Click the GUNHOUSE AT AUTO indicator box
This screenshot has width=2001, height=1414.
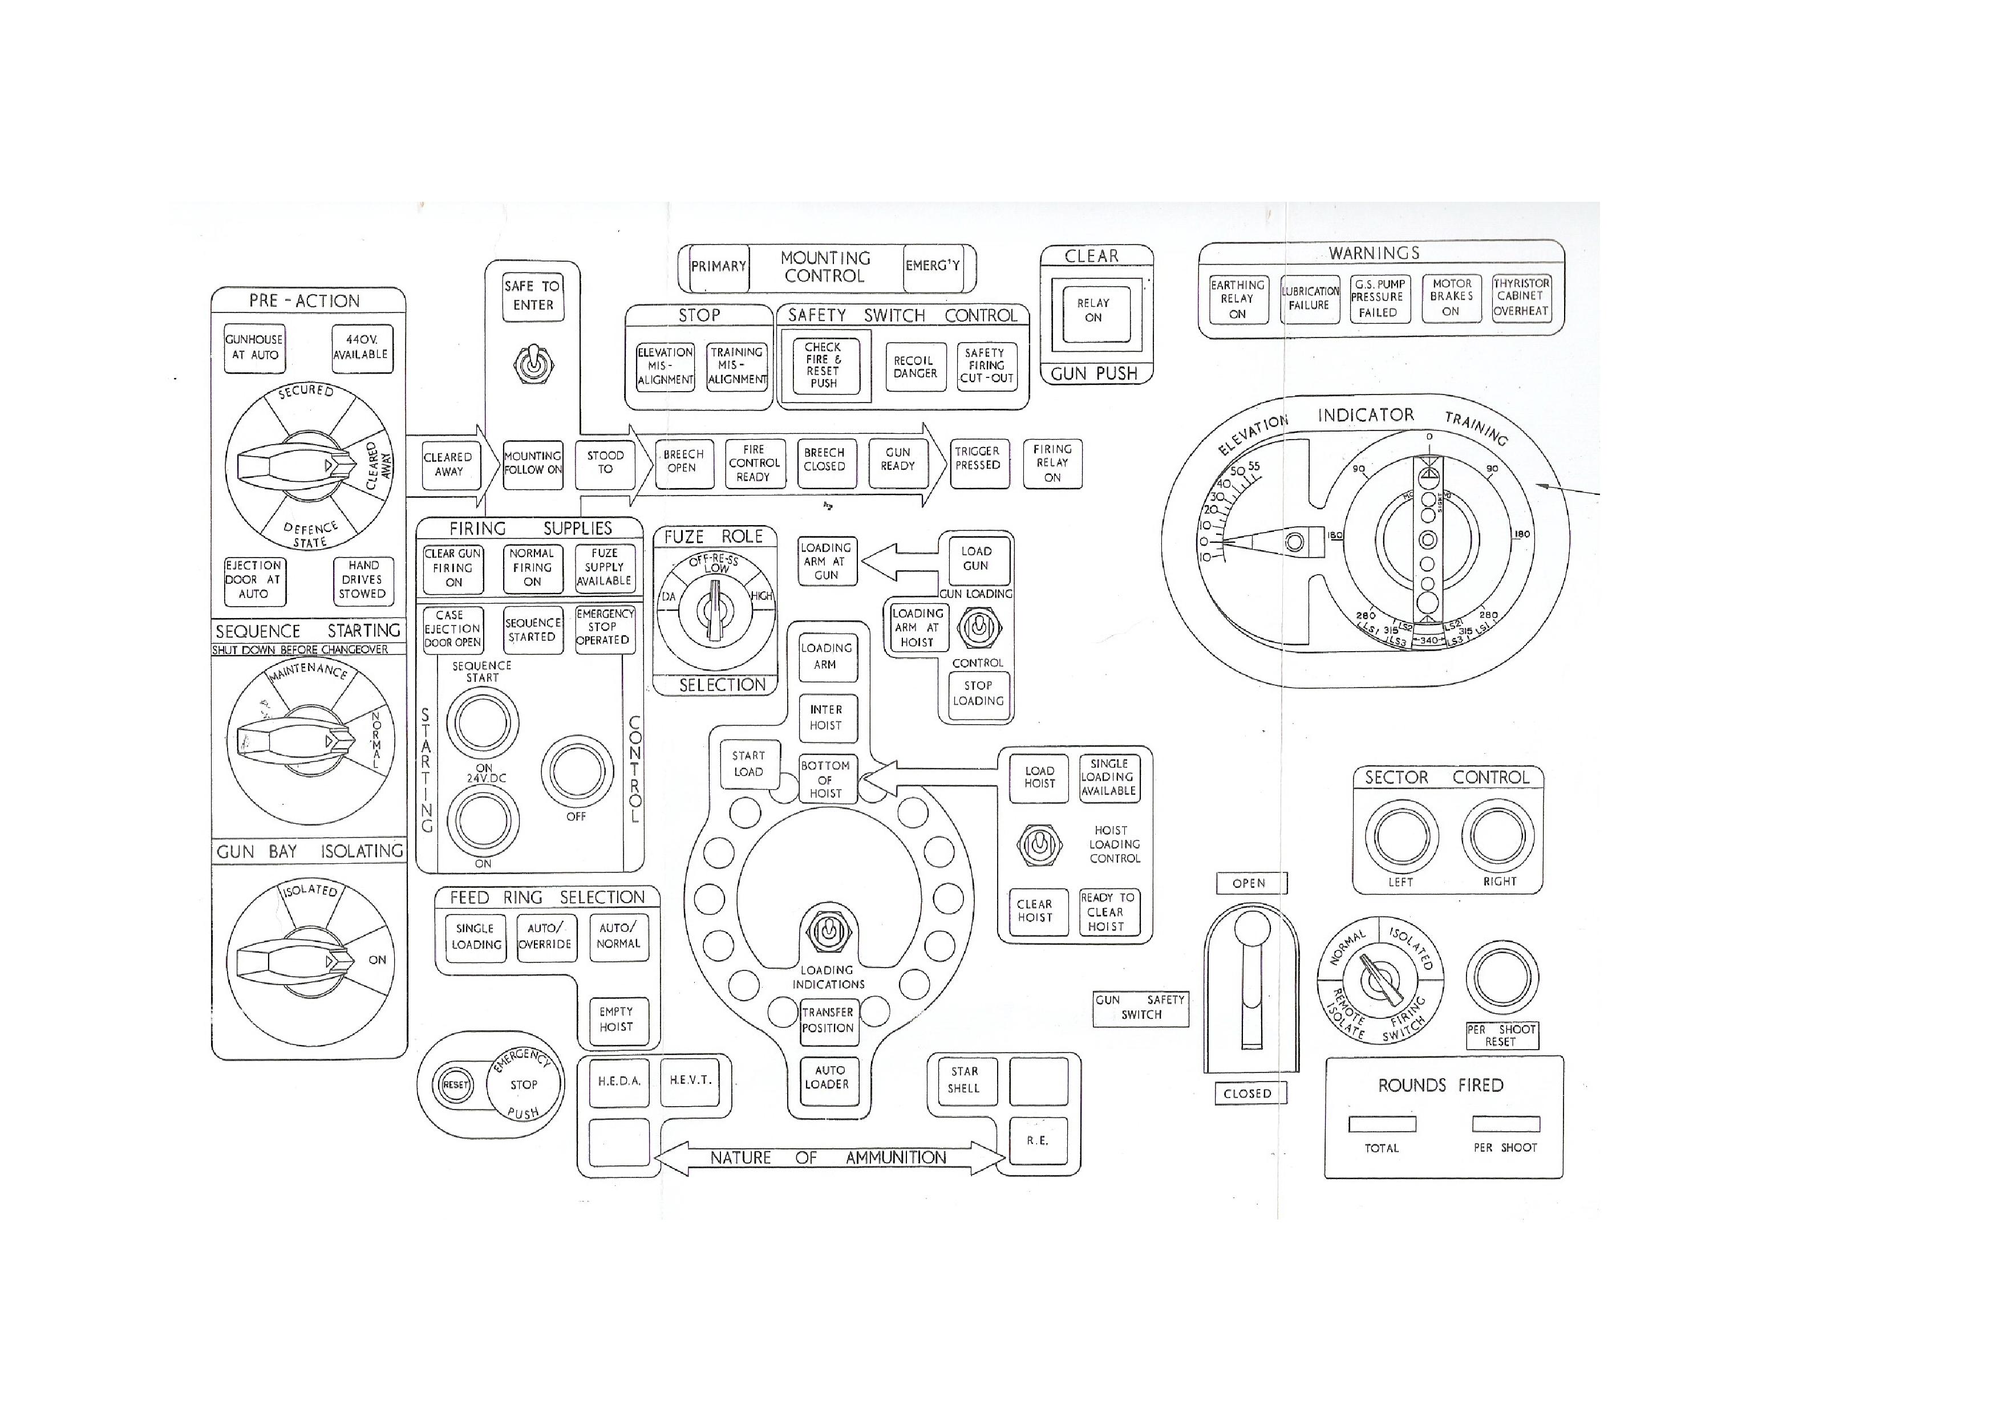pos(254,348)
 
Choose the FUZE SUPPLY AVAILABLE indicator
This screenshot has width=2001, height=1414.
pos(604,567)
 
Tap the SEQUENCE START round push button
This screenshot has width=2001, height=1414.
pos(482,722)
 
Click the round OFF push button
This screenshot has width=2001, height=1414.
pos(576,772)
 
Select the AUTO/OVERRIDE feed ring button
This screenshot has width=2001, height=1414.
pos(545,937)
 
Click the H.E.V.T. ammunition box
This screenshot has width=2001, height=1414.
pos(690,1080)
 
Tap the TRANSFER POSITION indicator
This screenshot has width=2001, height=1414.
pos(827,1020)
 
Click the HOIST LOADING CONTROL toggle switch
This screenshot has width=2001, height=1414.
pos(1039,844)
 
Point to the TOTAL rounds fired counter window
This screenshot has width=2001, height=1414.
pos(1382,1124)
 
